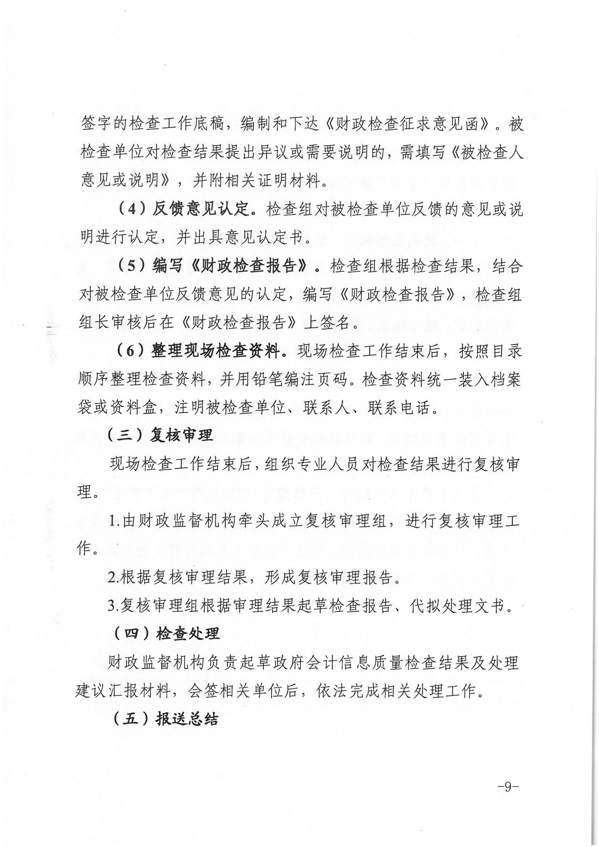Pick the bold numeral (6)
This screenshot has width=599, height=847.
tap(130, 351)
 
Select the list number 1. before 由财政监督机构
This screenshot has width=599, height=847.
tap(114, 521)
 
